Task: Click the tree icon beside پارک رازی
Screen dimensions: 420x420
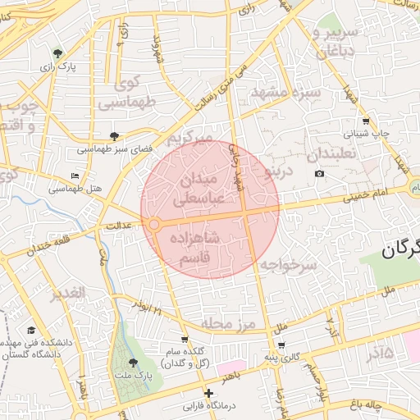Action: click(x=57, y=52)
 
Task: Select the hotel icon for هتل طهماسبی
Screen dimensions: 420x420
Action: click(x=76, y=176)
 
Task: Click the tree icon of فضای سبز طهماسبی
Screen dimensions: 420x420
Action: click(x=114, y=136)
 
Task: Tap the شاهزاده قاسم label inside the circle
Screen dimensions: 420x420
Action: click(x=195, y=247)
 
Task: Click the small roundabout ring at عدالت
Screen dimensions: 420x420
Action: click(x=153, y=224)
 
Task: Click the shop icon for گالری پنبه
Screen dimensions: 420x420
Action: click(x=281, y=345)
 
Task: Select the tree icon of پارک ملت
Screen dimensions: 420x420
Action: click(x=134, y=362)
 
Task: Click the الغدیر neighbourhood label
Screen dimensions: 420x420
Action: click(x=67, y=294)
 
